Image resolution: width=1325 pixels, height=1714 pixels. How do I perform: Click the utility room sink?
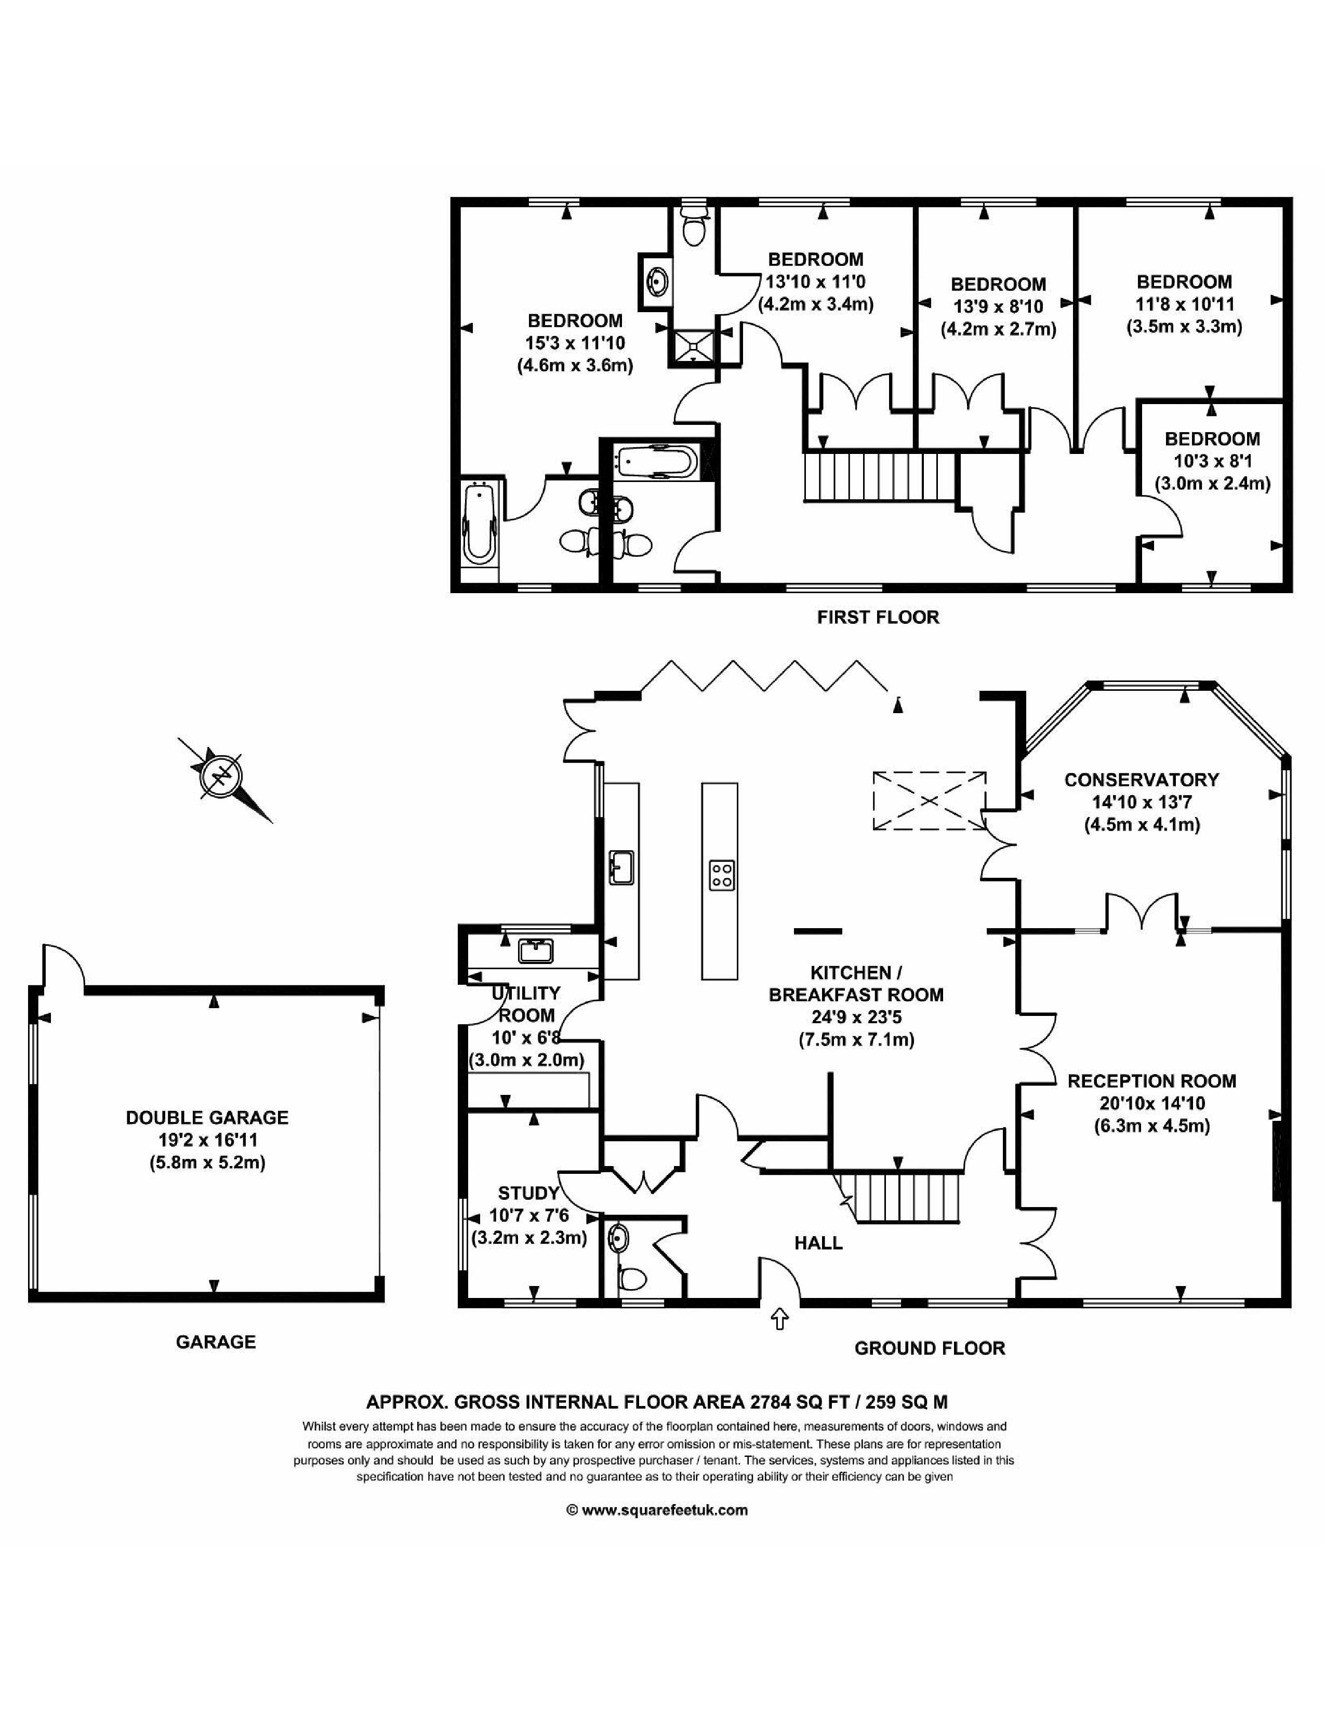tap(536, 951)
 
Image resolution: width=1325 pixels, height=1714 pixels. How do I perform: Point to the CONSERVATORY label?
tap(1142, 779)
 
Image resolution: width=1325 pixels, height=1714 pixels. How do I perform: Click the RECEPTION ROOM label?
tap(1151, 1081)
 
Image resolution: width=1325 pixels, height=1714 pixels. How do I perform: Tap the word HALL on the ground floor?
tap(818, 1242)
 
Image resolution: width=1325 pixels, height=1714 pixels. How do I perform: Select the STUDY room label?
tap(528, 1193)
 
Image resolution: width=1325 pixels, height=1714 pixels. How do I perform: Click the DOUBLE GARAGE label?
tap(207, 1118)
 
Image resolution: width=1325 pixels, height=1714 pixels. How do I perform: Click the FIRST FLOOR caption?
tap(878, 617)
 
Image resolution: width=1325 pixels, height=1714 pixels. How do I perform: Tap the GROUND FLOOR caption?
tap(930, 1348)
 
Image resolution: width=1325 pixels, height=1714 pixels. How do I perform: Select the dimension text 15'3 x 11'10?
tap(575, 343)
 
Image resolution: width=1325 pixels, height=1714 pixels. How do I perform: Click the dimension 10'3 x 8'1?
tap(1212, 461)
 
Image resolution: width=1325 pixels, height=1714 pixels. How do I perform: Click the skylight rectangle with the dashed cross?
tap(930, 800)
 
